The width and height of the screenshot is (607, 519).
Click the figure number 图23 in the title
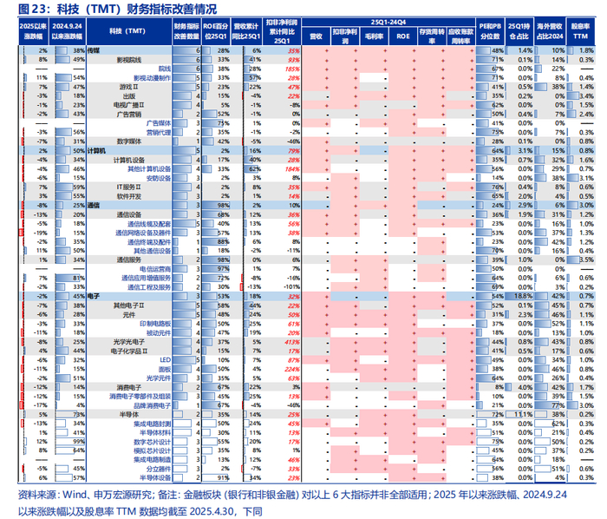coord(31,9)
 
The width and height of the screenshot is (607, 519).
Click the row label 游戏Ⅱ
coord(129,88)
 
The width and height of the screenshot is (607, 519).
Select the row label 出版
coord(128,96)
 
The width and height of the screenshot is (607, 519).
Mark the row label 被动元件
coord(158,332)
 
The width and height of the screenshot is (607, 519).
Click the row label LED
coord(165,359)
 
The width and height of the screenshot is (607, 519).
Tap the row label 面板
coord(164,368)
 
